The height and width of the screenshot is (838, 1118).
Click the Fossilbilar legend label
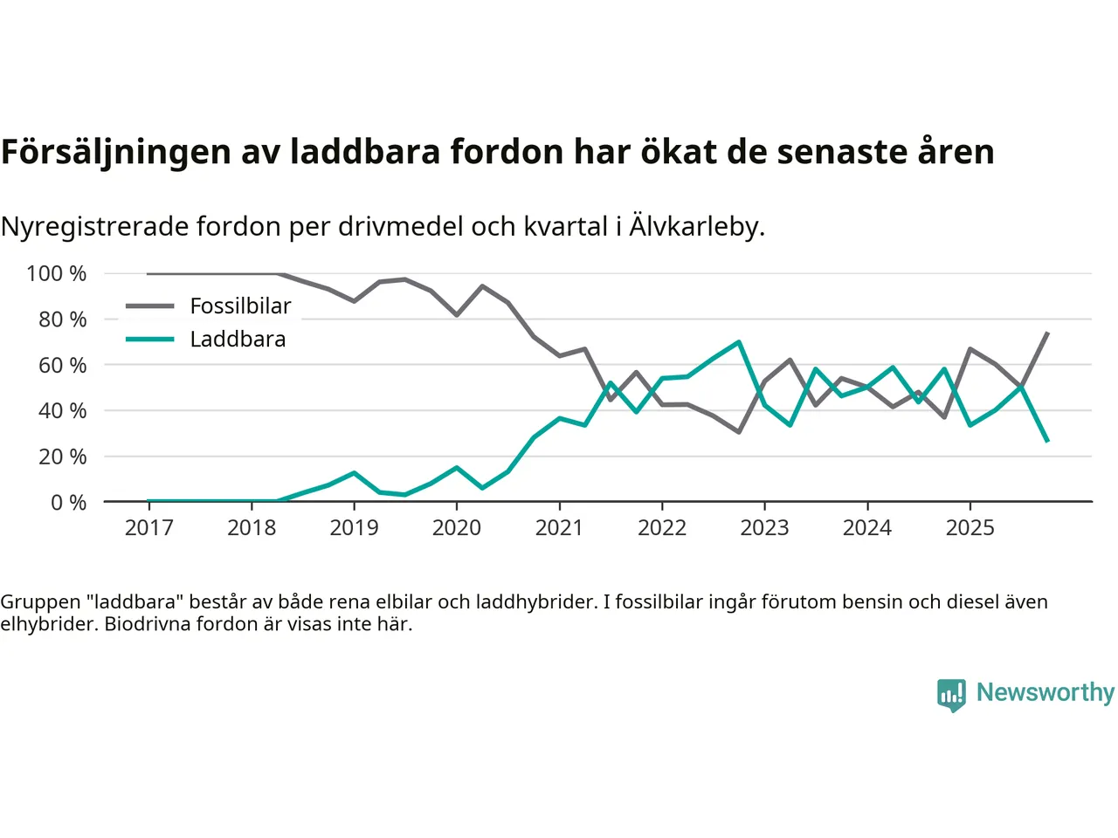tap(240, 306)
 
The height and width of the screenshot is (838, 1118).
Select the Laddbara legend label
tap(238, 340)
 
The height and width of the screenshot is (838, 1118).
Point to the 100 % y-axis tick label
tap(57, 274)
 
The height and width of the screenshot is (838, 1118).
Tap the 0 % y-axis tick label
tap(68, 503)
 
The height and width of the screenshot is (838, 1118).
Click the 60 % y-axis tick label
tap(62, 366)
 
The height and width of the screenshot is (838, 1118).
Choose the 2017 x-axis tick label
tap(148, 528)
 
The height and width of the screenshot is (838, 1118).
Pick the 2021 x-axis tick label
tap(559, 528)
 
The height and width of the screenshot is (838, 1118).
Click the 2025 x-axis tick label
tap(970, 528)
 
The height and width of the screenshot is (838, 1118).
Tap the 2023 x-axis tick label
tap(764, 528)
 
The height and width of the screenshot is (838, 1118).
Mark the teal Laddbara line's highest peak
tap(739, 342)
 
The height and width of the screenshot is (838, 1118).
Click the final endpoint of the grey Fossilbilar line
tap(1047, 333)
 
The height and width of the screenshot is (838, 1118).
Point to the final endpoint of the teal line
tap(1047, 442)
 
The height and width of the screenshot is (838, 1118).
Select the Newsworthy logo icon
tap(951, 695)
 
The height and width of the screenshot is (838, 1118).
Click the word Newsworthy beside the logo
tap(1046, 692)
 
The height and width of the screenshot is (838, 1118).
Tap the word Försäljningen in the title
tap(116, 152)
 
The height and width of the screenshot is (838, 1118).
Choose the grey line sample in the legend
tap(149, 306)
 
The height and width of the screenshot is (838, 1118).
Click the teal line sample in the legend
tap(149, 340)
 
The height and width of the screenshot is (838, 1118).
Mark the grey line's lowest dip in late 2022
tap(739, 432)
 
